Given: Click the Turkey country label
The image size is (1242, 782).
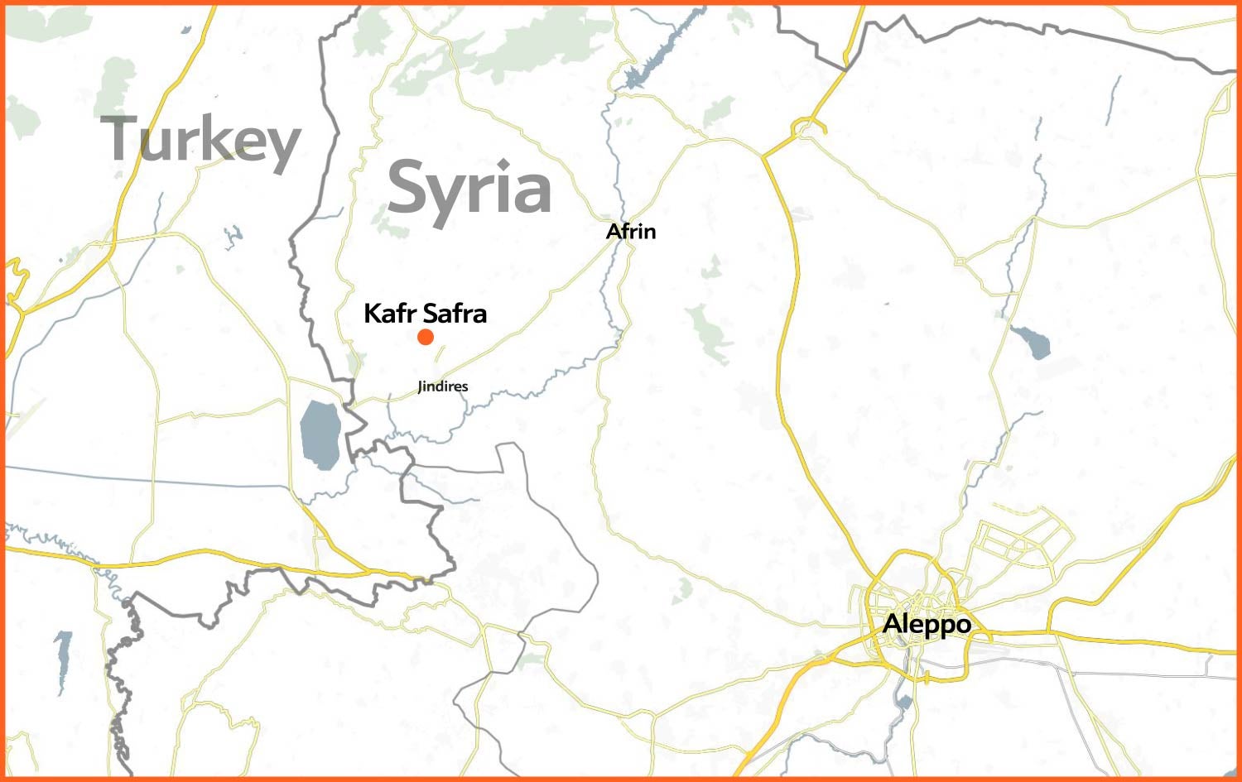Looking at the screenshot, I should [x=200, y=141].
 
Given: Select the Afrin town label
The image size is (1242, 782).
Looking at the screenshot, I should [x=631, y=231].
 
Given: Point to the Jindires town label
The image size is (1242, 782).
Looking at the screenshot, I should [x=443, y=386].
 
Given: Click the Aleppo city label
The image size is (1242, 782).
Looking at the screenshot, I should [x=927, y=624].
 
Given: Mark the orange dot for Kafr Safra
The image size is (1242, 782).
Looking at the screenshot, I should [x=426, y=337].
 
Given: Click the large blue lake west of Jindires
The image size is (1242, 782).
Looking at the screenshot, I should [x=320, y=434].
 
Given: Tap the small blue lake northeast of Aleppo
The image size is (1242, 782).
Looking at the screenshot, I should [x=1032, y=342].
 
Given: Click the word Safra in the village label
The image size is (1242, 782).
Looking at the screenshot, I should [x=455, y=314].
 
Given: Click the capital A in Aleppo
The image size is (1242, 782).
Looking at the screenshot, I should [x=893, y=623].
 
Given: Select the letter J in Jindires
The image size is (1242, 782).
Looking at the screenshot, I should [x=421, y=387].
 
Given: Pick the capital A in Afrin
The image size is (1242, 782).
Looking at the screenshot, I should [x=614, y=231].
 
